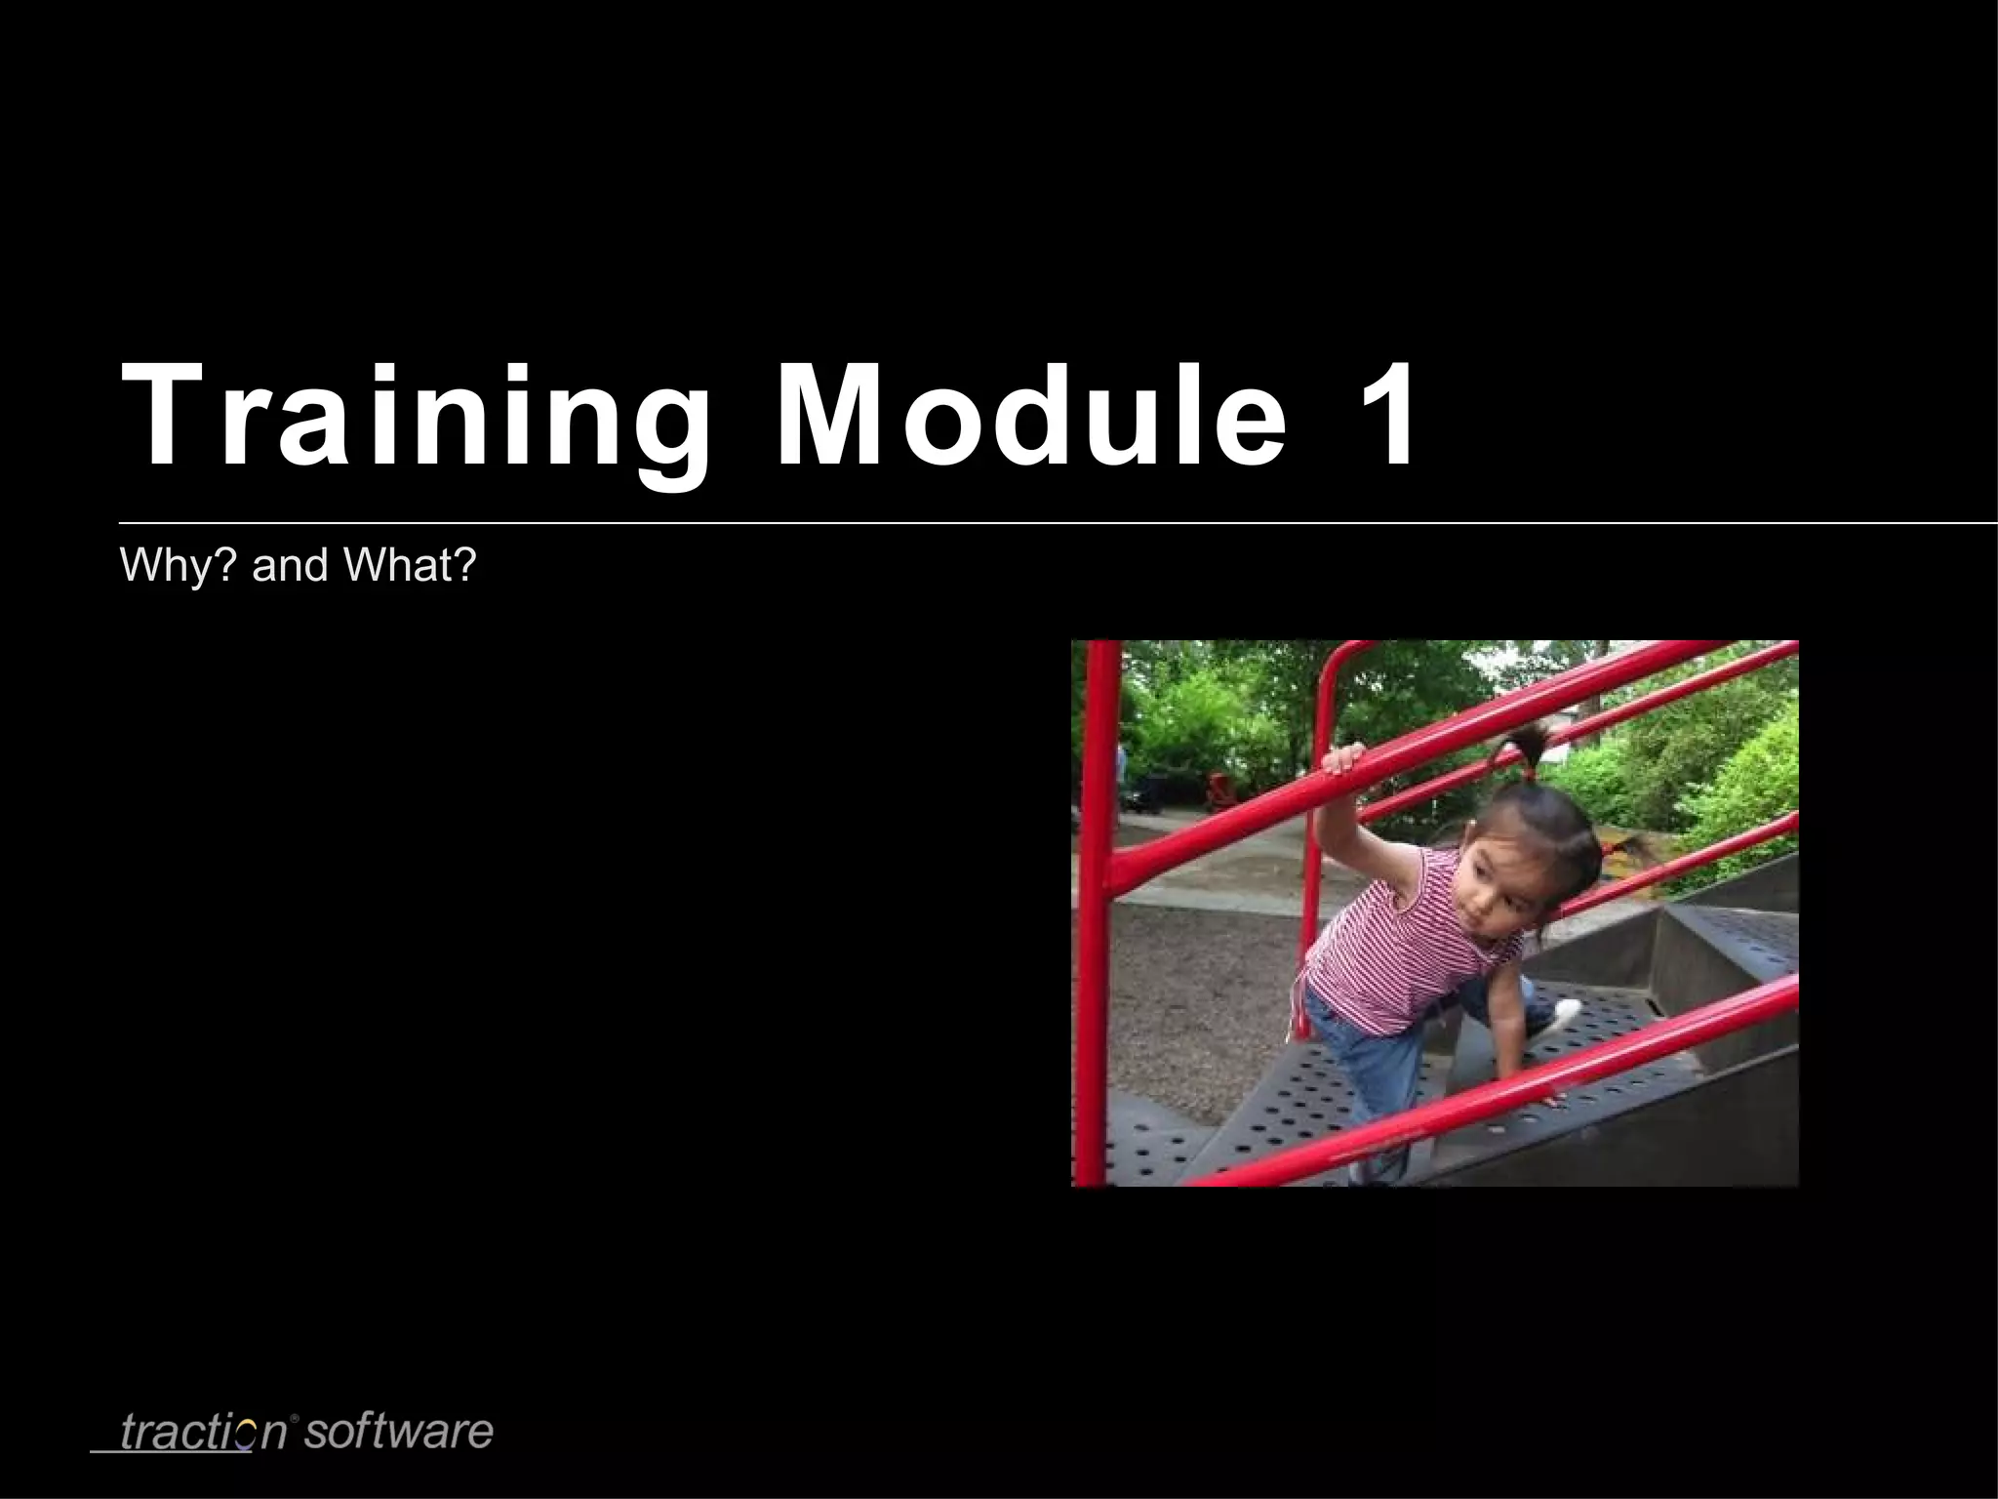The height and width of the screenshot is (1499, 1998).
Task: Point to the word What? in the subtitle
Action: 409,565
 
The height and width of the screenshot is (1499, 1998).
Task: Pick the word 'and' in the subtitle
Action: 290,565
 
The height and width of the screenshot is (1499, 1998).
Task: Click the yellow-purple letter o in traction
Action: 246,1434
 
